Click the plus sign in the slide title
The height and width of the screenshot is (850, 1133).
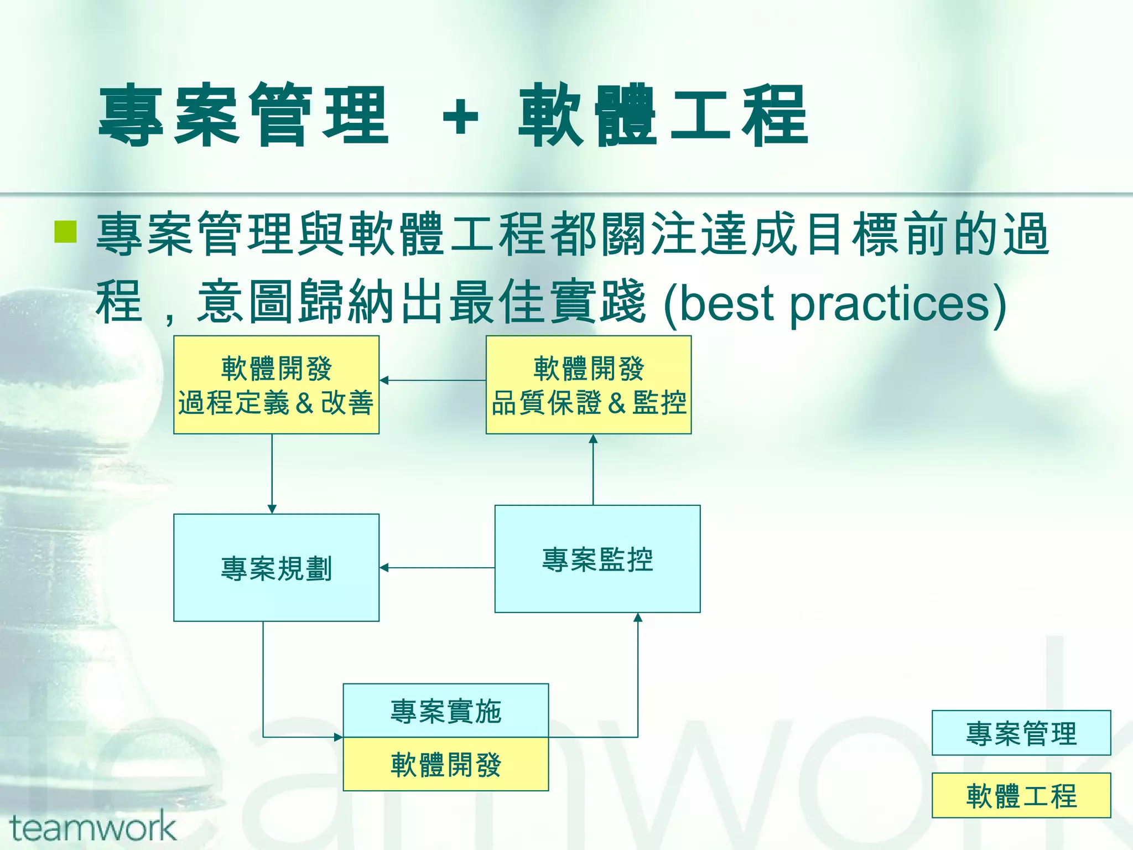pyautogui.click(x=460, y=117)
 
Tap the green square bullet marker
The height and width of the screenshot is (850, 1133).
pyautogui.click(x=65, y=232)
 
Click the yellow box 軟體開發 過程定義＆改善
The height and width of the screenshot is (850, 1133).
pyautogui.click(x=276, y=385)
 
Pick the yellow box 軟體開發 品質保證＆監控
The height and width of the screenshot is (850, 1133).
pyautogui.click(x=588, y=385)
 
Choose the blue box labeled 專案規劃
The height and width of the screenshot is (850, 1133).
pyautogui.click(x=276, y=568)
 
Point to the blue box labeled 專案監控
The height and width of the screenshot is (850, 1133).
pyautogui.click(x=597, y=559)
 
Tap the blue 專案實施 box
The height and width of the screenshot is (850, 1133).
pyautogui.click(x=445, y=711)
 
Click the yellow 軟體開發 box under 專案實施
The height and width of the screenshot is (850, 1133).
pyautogui.click(x=445, y=764)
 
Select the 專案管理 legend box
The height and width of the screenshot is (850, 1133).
pyautogui.click(x=1021, y=733)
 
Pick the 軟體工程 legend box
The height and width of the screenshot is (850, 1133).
pyautogui.click(x=1021, y=795)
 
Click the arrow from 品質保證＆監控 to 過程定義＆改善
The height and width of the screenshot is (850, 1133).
pyautogui.click(x=433, y=380)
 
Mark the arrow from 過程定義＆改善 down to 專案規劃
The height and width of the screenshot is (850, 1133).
pyautogui.click(x=272, y=474)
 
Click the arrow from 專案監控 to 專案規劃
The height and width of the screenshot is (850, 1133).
pyautogui.click(x=437, y=568)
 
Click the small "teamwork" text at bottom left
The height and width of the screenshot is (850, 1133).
pyautogui.click(x=92, y=828)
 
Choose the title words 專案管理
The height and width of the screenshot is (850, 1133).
pyautogui.click(x=243, y=116)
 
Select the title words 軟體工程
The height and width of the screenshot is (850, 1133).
pyautogui.click(x=663, y=116)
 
